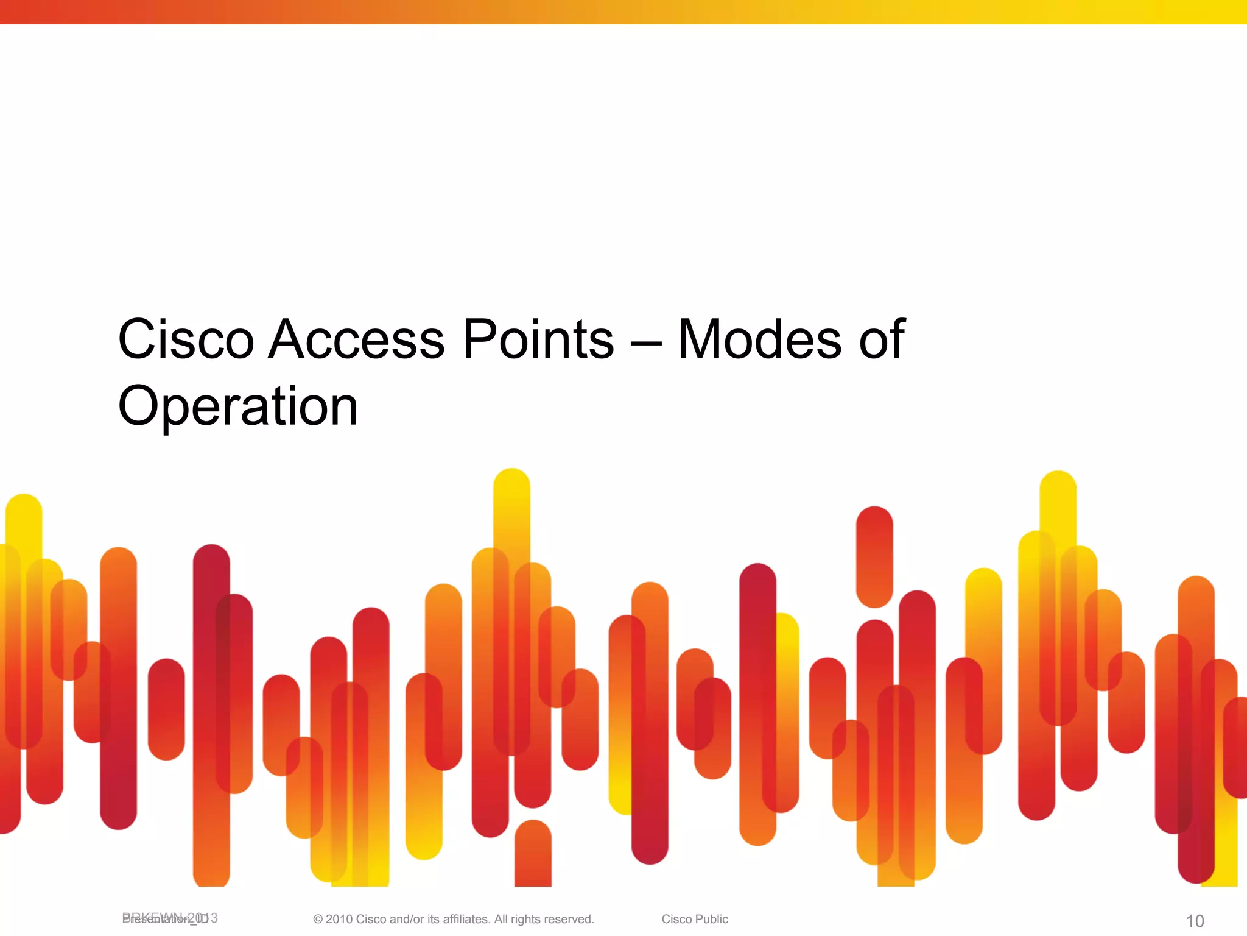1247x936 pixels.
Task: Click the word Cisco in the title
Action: (x=186, y=339)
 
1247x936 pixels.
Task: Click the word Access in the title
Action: (x=357, y=339)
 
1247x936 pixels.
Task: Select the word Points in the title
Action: (x=538, y=339)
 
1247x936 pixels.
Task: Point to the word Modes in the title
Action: (x=760, y=339)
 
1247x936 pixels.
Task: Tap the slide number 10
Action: (x=1195, y=921)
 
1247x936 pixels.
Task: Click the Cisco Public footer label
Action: (x=695, y=919)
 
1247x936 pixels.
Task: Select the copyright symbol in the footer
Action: (x=318, y=920)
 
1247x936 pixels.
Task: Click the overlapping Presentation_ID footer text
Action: (x=169, y=918)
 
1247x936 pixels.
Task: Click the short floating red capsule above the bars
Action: (x=874, y=556)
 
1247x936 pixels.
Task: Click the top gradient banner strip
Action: (x=623, y=12)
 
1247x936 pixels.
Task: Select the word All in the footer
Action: (x=501, y=919)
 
